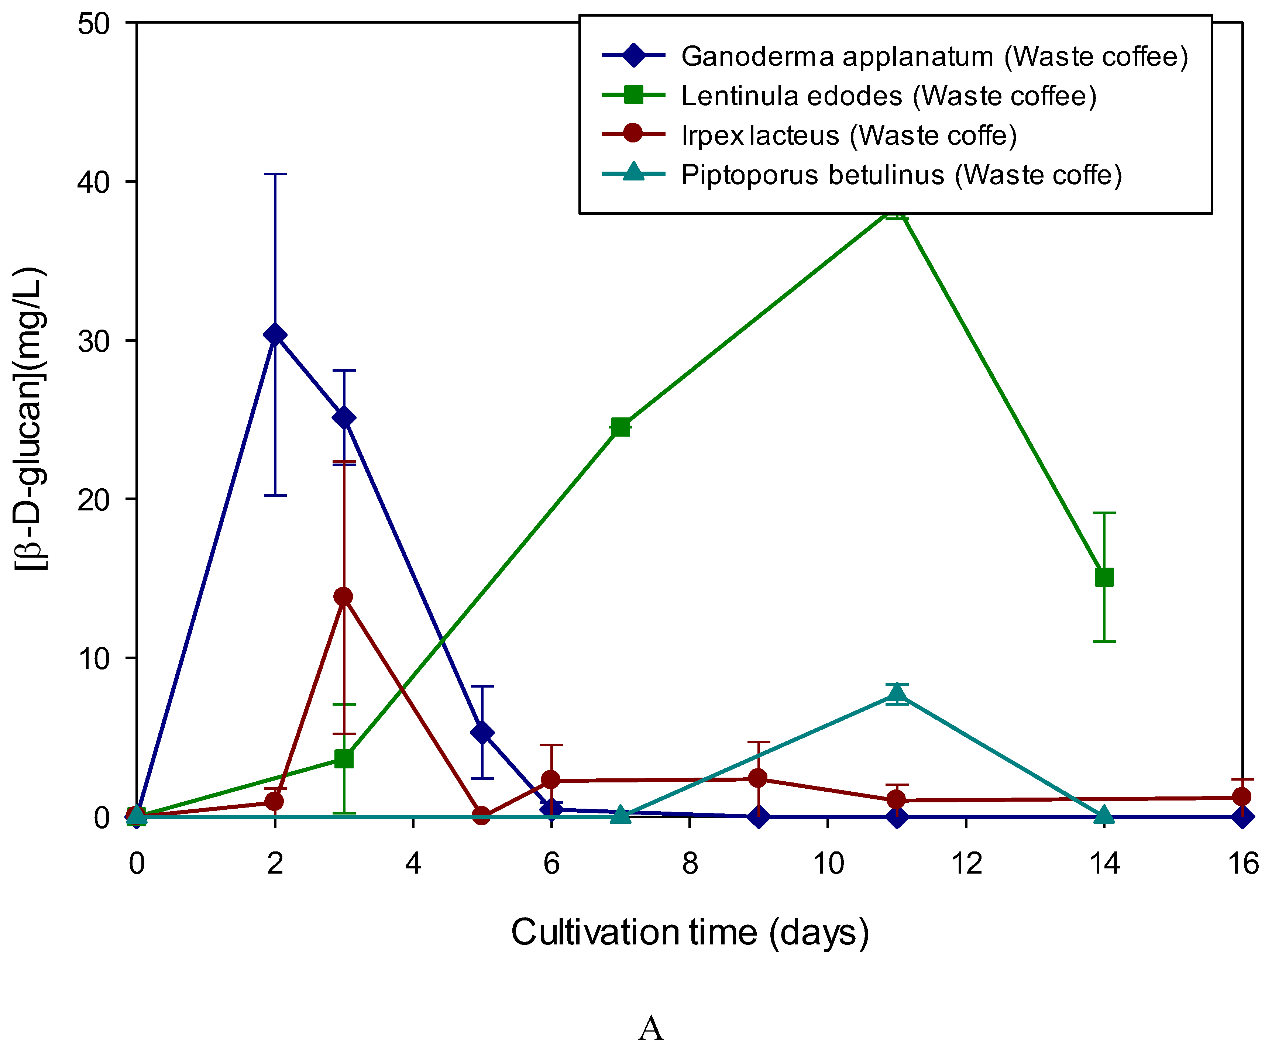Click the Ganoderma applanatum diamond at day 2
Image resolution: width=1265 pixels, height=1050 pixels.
point(275,335)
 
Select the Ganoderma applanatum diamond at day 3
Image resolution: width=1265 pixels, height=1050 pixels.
point(344,418)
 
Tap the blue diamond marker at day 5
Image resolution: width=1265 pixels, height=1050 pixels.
point(482,733)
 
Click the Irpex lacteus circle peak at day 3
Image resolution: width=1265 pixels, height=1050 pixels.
point(343,596)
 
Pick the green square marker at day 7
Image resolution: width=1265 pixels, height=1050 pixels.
point(621,427)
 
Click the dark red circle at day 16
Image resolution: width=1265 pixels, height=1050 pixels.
point(1241,796)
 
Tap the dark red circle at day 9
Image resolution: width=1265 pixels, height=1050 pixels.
point(759,778)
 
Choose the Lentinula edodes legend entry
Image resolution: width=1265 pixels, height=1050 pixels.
point(888,96)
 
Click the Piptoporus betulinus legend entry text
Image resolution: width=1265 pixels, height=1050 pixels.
point(901,175)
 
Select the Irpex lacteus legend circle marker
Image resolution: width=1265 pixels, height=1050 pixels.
point(633,134)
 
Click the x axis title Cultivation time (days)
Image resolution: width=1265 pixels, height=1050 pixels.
point(690,933)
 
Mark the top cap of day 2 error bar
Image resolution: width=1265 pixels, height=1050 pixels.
point(275,174)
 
